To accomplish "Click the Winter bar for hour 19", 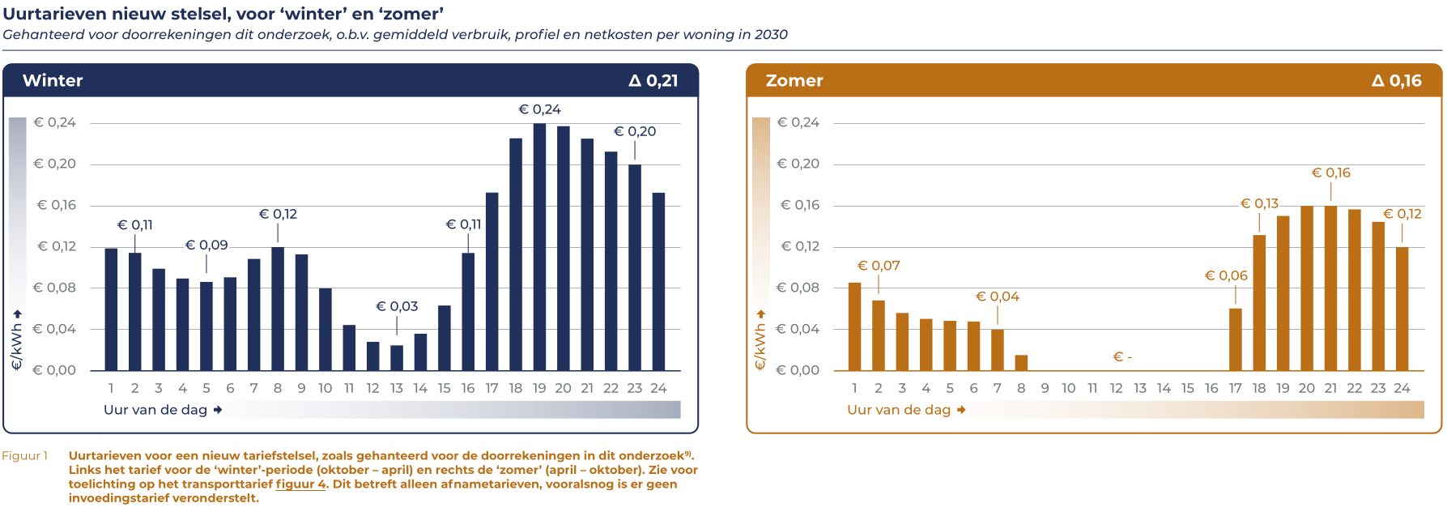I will (x=539, y=247).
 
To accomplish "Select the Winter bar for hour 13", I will (x=397, y=358).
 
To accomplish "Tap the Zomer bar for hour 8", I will (x=1021, y=363).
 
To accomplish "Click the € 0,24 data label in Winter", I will (x=539, y=109).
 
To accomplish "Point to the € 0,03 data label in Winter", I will (x=397, y=306).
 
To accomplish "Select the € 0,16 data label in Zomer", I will (x=1330, y=173).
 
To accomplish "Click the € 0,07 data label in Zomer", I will (x=879, y=266).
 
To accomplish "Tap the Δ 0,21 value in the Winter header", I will (x=653, y=80).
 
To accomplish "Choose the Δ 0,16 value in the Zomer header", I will (x=1396, y=80).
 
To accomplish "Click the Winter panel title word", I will (x=53, y=80).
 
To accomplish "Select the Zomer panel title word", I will (x=794, y=80).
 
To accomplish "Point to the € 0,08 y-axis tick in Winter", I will (x=54, y=288).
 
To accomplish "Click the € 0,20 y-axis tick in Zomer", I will (x=798, y=164).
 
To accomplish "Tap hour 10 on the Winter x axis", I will (x=325, y=388).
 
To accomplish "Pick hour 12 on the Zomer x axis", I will (x=1116, y=388).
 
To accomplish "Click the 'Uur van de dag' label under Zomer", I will (x=899, y=410).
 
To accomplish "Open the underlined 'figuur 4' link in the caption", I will (x=300, y=484).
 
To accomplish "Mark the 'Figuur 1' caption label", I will (x=25, y=455).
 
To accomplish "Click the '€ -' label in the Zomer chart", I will (x=1122, y=356).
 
